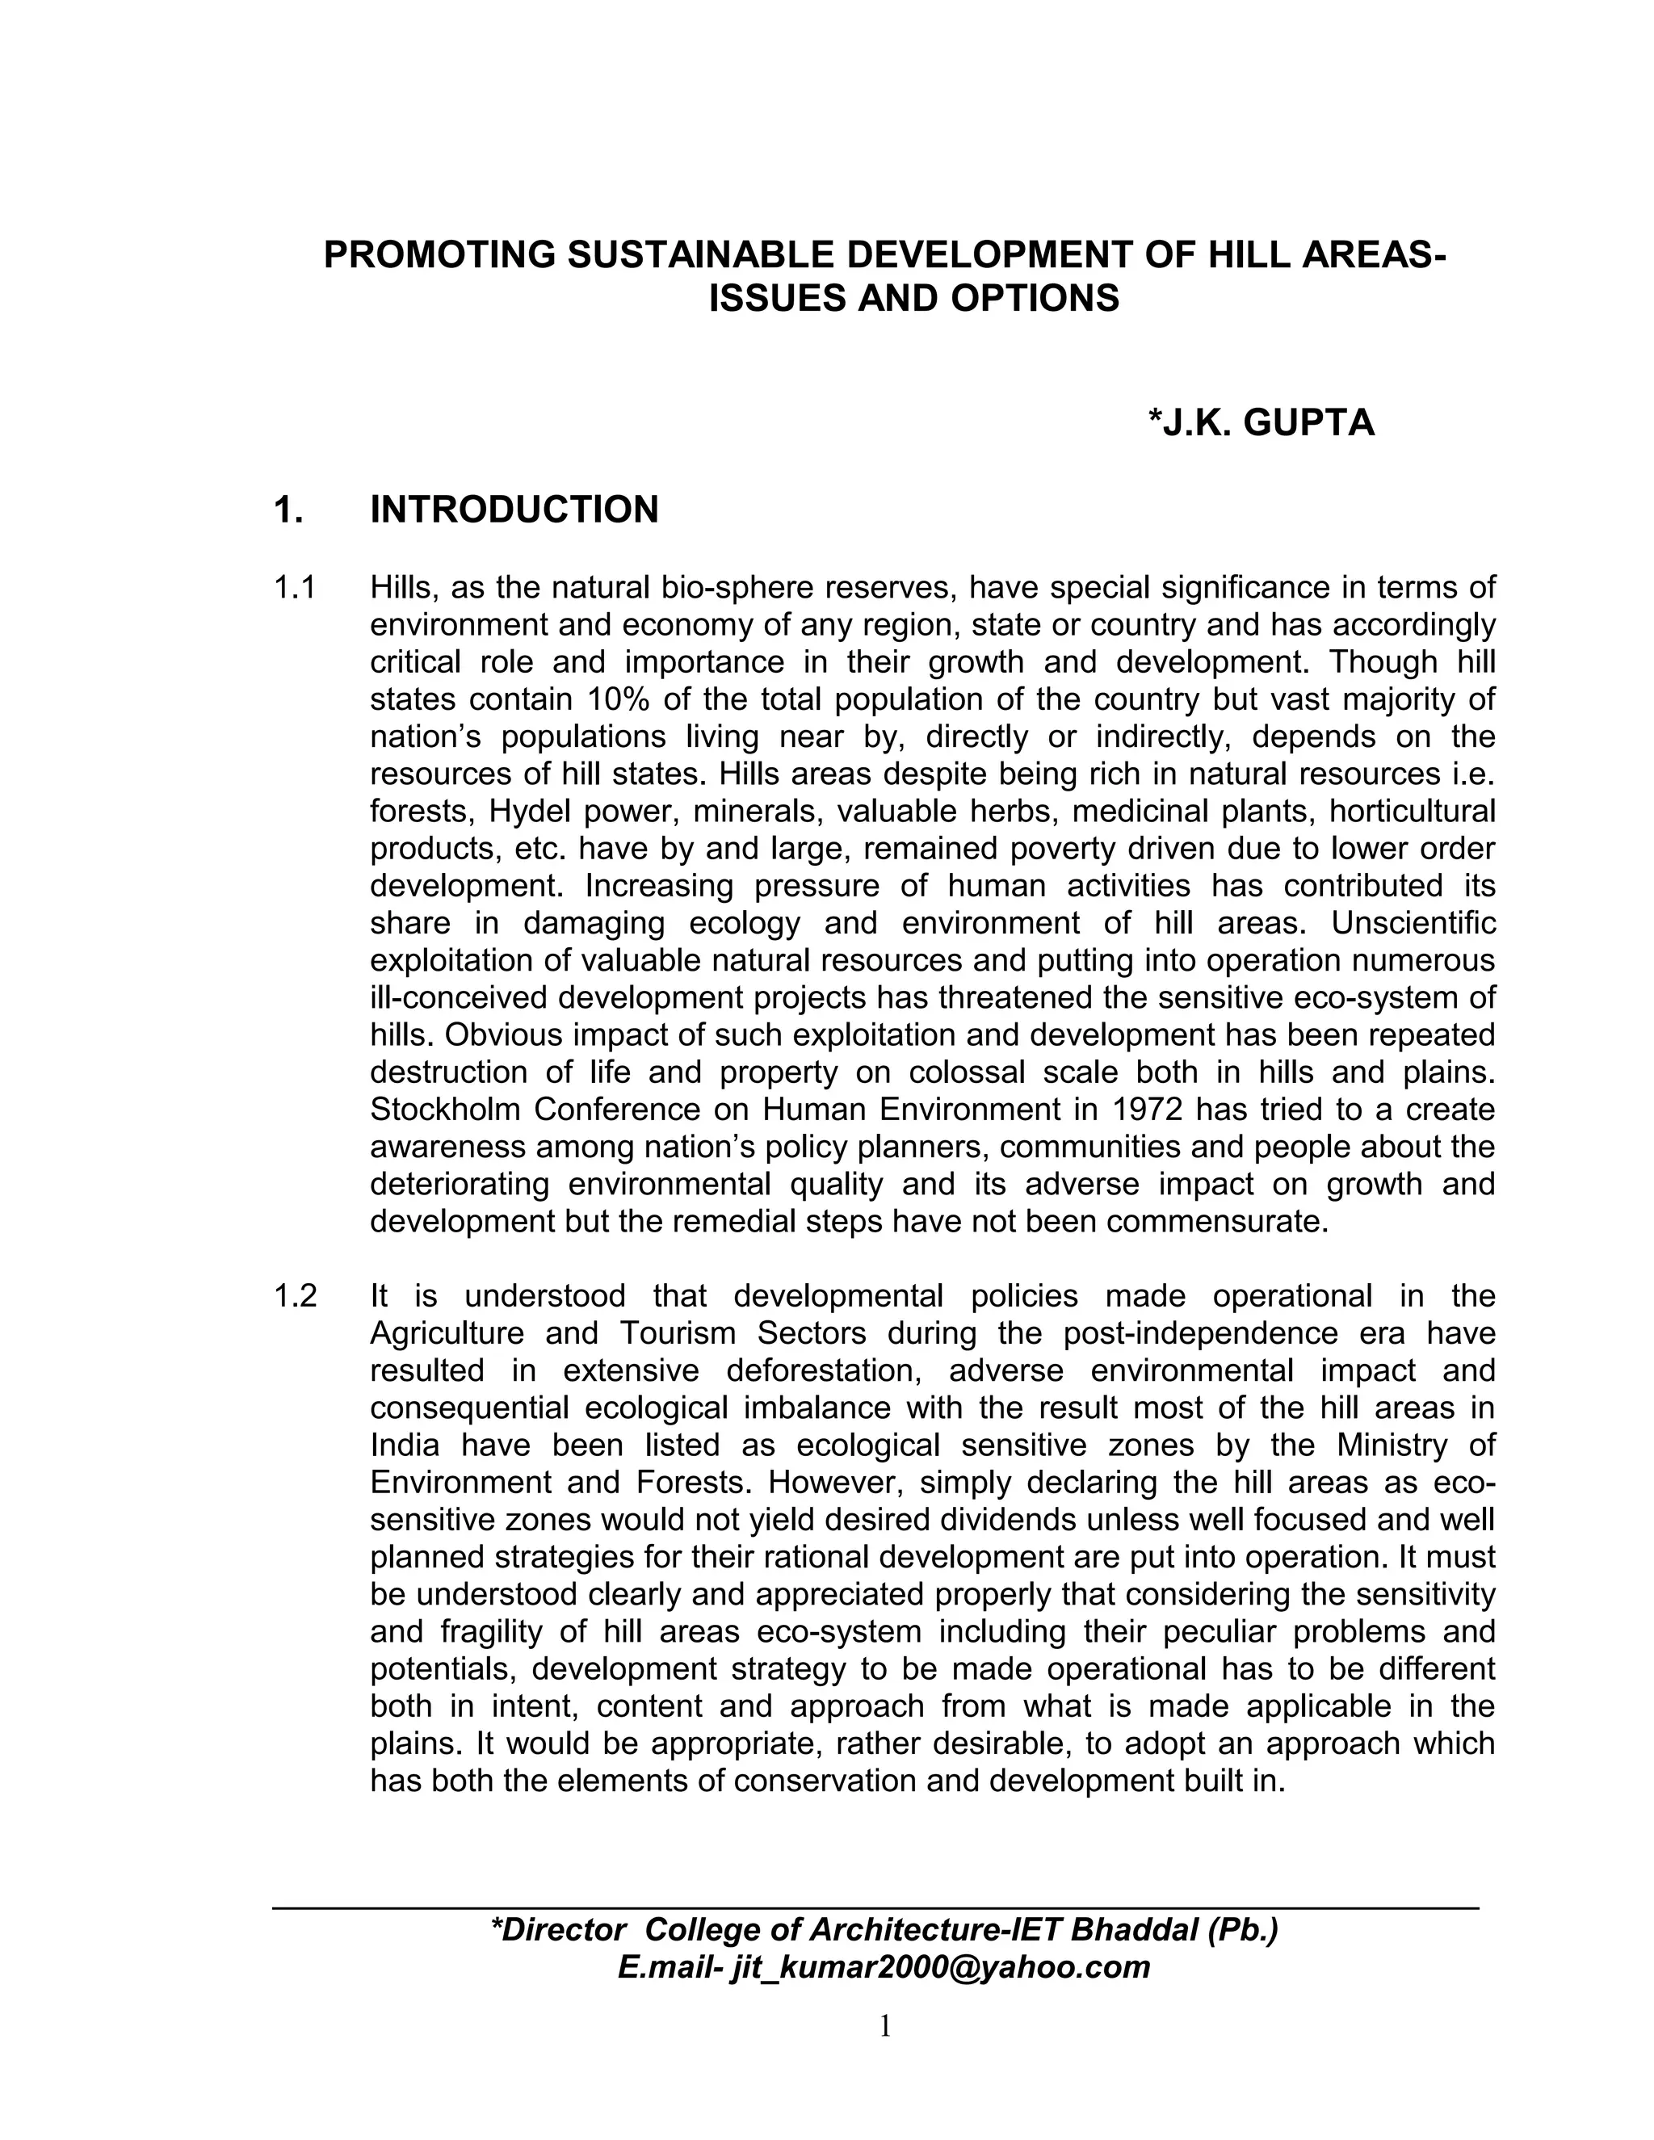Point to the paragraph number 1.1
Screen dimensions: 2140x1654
(294, 588)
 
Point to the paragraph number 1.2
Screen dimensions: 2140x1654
(295, 1296)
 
